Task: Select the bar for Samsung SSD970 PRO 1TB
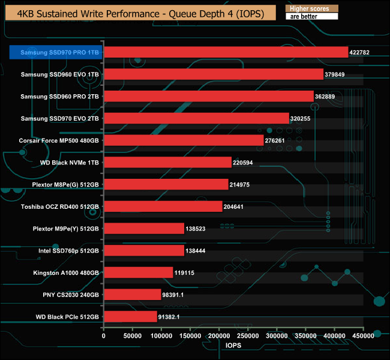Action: pyautogui.click(x=226, y=52)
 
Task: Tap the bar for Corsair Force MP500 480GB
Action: pyautogui.click(x=184, y=140)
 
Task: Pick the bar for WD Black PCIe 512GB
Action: pyautogui.click(x=130, y=316)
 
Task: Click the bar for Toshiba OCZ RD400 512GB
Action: pyautogui.click(x=163, y=206)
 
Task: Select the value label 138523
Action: pyautogui.click(x=199, y=229)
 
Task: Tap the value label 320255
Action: pyautogui.click(x=302, y=118)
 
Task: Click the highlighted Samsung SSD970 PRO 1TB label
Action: pyautogui.click(x=55, y=52)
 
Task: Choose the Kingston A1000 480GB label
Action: pyautogui.click(x=65, y=272)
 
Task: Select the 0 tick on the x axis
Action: pyautogui.click(x=104, y=337)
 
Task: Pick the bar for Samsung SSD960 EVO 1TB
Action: pyautogui.click(x=214, y=74)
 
